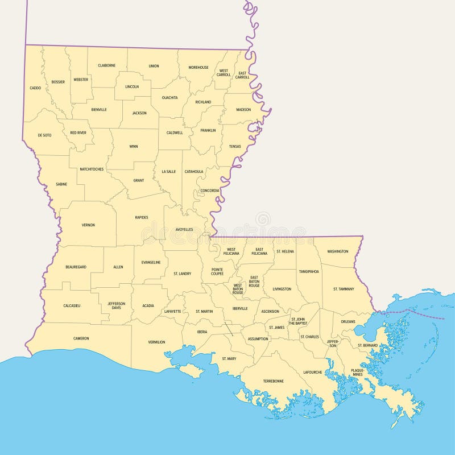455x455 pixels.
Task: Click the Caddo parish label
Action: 35,88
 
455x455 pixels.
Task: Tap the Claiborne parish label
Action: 106,65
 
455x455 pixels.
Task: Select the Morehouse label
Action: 198,68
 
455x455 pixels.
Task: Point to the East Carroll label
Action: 243,75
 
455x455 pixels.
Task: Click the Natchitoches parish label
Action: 91,169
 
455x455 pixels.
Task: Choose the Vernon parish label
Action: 88,225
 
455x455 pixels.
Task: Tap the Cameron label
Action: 81,338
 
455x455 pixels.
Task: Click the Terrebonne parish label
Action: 273,380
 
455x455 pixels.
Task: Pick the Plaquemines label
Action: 357,372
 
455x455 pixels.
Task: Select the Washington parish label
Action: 338,251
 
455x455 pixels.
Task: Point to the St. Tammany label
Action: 344,289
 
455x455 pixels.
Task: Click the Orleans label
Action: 348,321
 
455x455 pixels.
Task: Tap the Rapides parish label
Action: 142,217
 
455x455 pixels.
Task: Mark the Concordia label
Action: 209,191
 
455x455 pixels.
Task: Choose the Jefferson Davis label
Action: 117,305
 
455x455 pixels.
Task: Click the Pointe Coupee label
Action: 217,271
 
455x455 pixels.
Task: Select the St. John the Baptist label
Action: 297,321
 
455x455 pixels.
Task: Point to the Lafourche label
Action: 313,372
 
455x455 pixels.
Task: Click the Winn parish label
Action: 134,146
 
